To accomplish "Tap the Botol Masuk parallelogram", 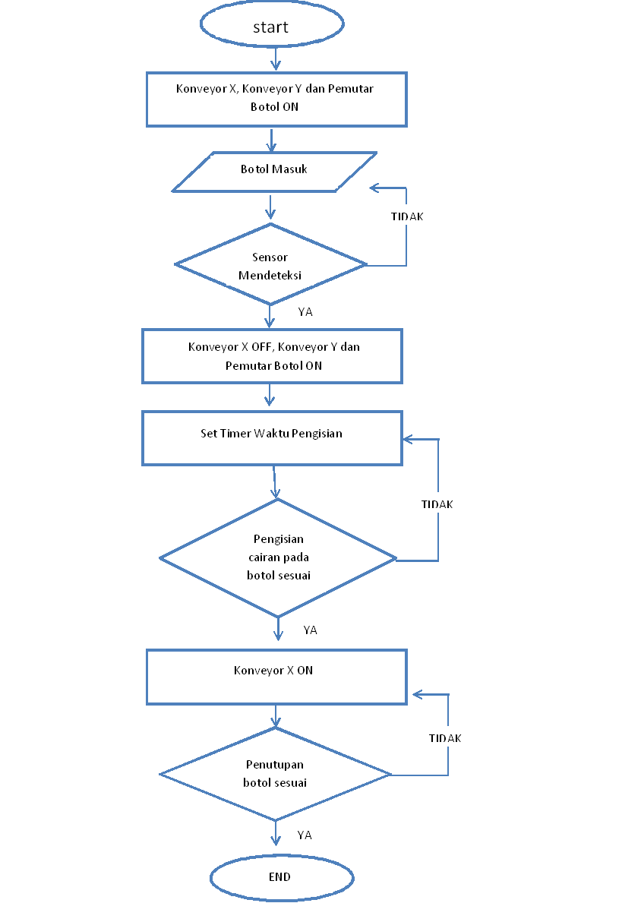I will tap(274, 171).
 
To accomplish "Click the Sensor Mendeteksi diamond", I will tap(270, 266).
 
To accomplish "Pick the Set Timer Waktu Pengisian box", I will tap(271, 438).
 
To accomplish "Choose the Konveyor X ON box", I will tap(276, 676).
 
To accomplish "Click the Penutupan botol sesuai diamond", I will tap(275, 774).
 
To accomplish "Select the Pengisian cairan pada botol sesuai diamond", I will tap(278, 558).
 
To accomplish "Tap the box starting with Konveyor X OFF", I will tap(272, 355).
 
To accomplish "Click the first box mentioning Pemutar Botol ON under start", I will tap(276, 99).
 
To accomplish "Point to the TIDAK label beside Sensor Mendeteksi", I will tap(407, 216).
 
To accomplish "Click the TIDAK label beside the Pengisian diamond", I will tap(437, 504).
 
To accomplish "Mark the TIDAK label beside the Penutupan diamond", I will tap(445, 738).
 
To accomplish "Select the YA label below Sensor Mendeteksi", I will tap(305, 311).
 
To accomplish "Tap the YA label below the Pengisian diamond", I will tap(310, 630).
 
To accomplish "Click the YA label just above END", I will tap(305, 835).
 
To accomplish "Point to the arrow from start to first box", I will tap(276, 58).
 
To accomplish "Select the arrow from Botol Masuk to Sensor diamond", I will tap(270, 207).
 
